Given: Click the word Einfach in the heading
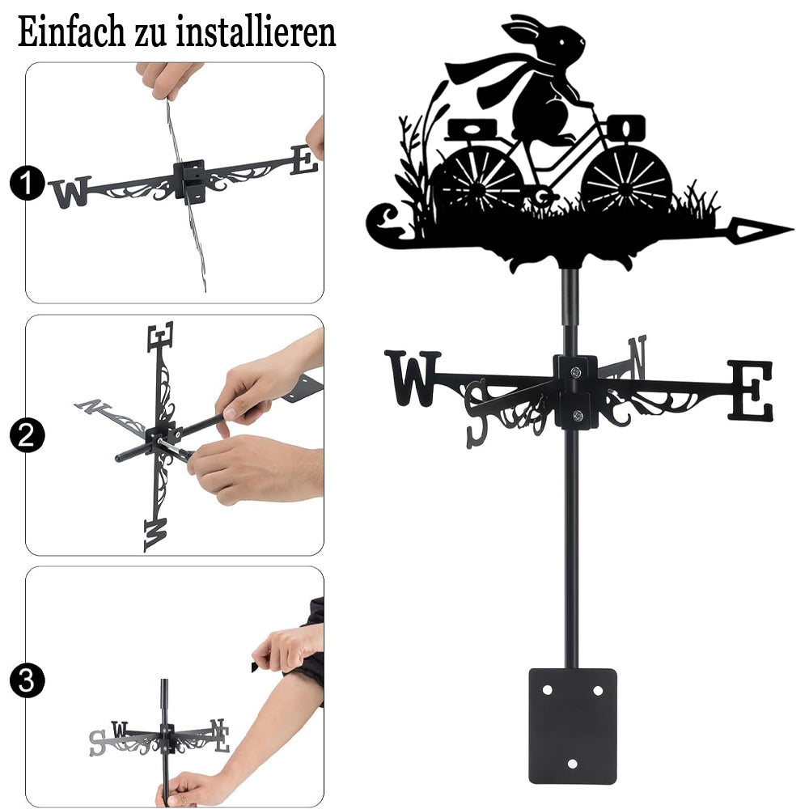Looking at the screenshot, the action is coord(71,32).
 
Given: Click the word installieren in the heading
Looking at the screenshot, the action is coord(256,32).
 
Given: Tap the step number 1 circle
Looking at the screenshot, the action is coord(27,183).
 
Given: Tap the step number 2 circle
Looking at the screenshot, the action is coord(27,435).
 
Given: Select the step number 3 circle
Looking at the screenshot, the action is coord(27,680).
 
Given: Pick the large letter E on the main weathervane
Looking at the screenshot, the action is coord(752,390).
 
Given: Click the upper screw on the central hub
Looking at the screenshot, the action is coord(576,371).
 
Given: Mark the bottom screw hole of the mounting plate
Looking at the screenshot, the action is coord(572,764).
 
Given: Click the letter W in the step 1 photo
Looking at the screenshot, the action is coord(70,192).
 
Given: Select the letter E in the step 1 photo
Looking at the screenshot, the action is coord(304,160).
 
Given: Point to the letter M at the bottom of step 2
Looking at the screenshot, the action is coord(156,535).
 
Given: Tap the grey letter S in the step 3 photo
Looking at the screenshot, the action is coord(97,743).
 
